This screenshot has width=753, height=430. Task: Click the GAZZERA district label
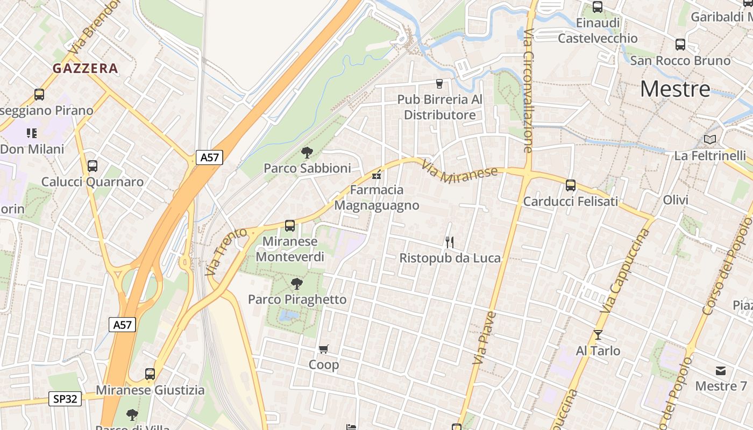tap(85, 68)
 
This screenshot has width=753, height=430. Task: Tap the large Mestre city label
tap(675, 89)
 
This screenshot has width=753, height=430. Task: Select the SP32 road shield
tap(66, 399)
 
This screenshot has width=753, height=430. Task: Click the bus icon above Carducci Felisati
tap(571, 185)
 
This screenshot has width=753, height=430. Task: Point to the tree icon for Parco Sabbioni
tap(307, 153)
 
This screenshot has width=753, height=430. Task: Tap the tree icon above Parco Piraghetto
tap(296, 284)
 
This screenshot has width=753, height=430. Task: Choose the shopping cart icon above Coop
tap(324, 349)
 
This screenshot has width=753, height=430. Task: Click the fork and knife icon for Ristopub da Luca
tap(450, 242)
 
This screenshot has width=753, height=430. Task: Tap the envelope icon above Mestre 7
tap(721, 371)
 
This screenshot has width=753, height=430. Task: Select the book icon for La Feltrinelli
tap(710, 140)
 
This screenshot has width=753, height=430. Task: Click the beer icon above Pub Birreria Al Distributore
tap(439, 84)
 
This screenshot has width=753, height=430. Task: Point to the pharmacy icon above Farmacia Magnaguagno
tap(376, 174)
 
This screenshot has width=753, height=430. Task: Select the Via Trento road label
tap(226, 252)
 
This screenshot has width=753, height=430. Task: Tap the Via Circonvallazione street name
tap(528, 91)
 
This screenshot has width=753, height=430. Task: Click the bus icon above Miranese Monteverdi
tap(290, 226)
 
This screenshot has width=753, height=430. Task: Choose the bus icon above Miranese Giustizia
tap(150, 374)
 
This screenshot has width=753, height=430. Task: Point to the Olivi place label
tap(676, 200)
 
